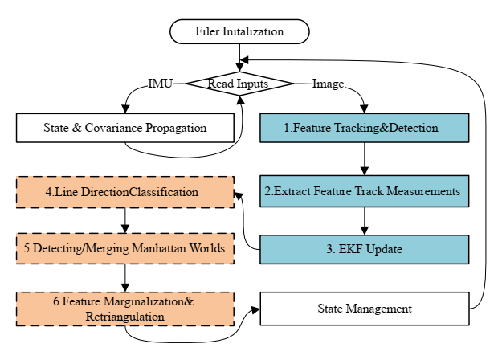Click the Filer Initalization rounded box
point(239,31)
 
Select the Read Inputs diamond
point(239,83)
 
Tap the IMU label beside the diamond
point(161,83)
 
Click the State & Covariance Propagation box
point(124,127)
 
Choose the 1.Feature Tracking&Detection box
point(365,127)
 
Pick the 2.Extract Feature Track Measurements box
point(365,191)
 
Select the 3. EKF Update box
point(365,249)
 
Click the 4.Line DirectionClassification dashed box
point(124,192)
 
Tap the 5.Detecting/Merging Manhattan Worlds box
point(124,248)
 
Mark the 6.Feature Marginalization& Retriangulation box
point(124,309)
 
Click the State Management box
point(365,309)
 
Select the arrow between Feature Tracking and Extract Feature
point(365,158)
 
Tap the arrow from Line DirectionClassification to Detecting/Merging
point(124,220)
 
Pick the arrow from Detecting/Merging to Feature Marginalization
point(124,277)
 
